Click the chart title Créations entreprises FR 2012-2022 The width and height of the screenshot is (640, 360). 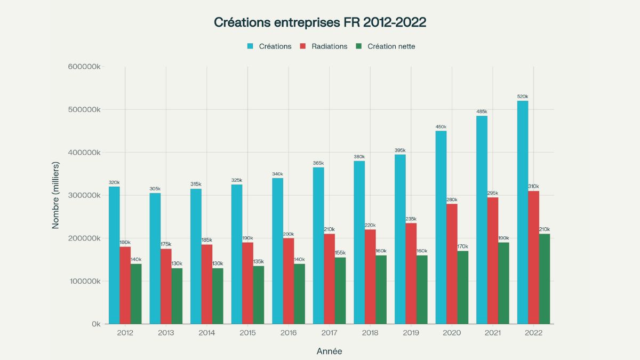coord(320,22)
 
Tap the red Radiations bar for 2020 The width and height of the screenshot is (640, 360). coord(452,263)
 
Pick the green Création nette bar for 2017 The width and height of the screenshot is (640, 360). coord(340,291)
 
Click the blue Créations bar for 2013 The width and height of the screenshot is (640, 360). coord(155,258)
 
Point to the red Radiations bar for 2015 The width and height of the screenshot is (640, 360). coord(247,283)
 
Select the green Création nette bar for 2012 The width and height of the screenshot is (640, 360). coord(136,294)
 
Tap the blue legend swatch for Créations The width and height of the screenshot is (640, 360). coord(250,46)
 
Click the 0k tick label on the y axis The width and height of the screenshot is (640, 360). coord(95,324)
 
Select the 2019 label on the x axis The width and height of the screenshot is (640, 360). coord(411,333)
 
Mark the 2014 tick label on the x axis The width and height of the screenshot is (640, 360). coord(206,333)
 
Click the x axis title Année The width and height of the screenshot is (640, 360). coord(329,351)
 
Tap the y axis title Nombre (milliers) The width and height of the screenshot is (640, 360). coord(55,195)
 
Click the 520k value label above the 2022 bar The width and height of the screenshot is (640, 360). coord(523,97)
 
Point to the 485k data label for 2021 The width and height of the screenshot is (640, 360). coord(482,111)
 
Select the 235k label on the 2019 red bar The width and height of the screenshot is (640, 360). coord(411,219)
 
